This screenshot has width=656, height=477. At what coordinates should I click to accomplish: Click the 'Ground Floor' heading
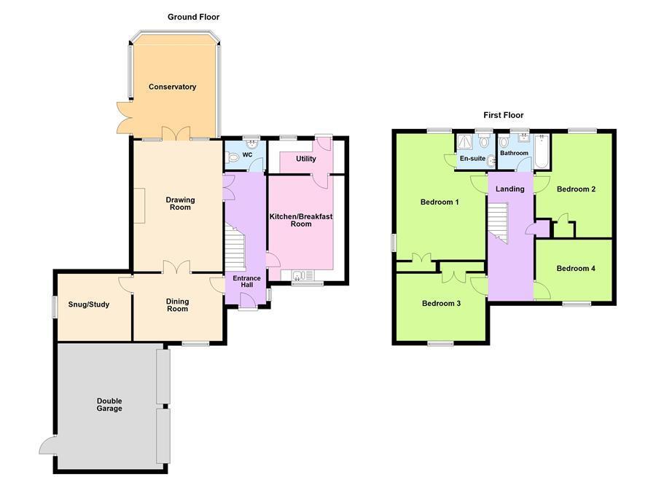pos(193,17)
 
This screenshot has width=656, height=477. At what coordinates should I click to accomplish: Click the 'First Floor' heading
pos(503,115)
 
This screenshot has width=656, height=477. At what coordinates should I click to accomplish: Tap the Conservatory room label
pos(172,87)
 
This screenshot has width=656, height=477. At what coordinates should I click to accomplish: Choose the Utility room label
pos(305,159)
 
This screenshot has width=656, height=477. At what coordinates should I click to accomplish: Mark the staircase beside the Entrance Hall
pos(235,248)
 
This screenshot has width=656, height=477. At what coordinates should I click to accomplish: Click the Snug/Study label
pos(88,304)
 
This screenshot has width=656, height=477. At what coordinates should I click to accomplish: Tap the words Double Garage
pos(109,405)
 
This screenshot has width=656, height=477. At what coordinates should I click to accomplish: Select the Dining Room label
pos(177,305)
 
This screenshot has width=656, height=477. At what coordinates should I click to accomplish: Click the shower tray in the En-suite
pos(465,142)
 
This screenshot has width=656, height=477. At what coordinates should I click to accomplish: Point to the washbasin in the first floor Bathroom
pos(521,140)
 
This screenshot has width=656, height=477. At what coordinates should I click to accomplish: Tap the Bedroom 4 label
pos(576,269)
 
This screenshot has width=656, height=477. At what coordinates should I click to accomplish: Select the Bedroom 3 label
pos(441,304)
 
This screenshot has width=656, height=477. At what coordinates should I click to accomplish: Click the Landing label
pos(509,189)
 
